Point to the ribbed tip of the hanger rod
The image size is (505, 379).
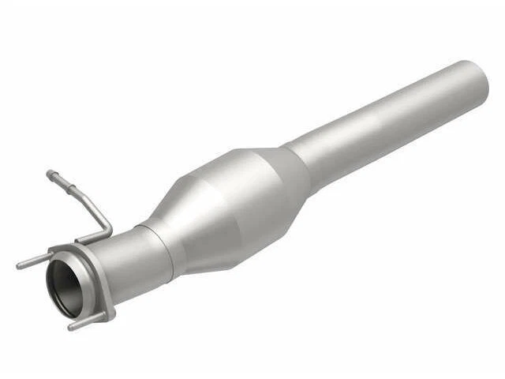tap(52, 174)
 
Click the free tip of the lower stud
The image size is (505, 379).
tap(71, 326)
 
